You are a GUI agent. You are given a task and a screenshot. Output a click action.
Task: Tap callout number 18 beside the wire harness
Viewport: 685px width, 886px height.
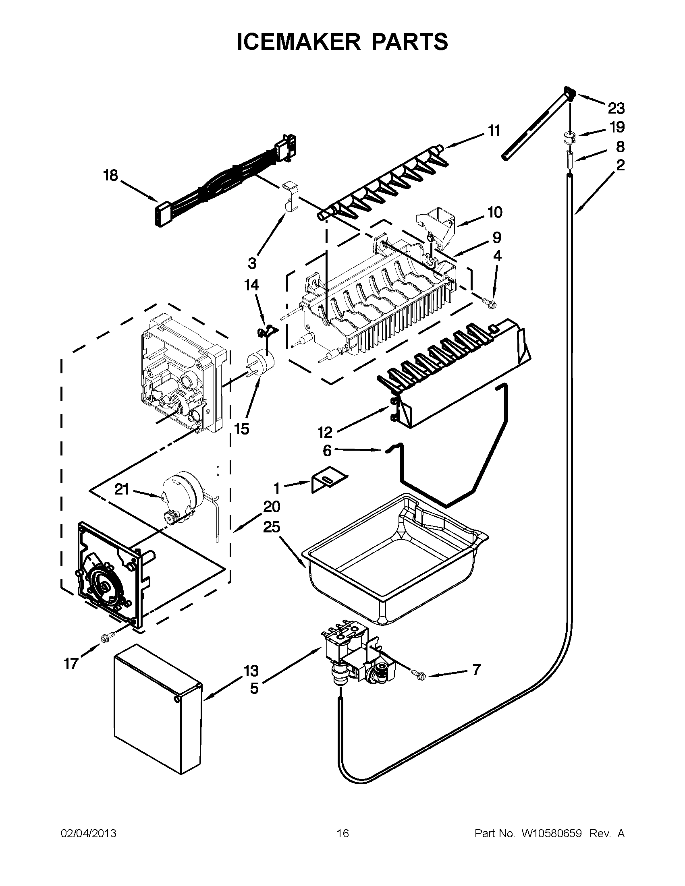click(x=110, y=176)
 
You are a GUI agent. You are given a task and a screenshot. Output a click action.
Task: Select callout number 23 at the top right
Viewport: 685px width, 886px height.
click(x=616, y=108)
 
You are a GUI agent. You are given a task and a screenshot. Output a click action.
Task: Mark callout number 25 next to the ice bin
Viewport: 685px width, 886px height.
click(x=272, y=527)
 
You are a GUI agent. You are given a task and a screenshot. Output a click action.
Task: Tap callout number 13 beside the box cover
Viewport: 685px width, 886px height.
click(x=251, y=671)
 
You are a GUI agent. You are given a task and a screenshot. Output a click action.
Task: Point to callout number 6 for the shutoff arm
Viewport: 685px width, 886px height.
click(x=327, y=450)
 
